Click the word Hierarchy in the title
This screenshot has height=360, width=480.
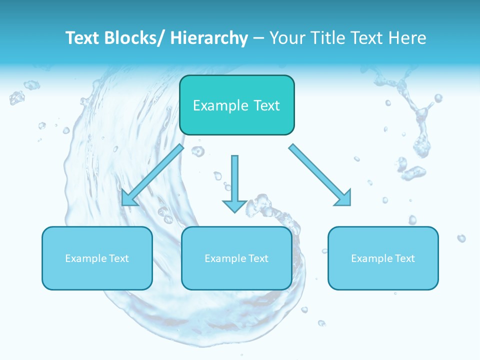(209, 38)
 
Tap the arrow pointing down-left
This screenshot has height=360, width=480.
(152, 175)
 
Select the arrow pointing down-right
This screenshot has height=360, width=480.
(320, 175)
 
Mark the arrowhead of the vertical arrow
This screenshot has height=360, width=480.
(234, 205)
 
